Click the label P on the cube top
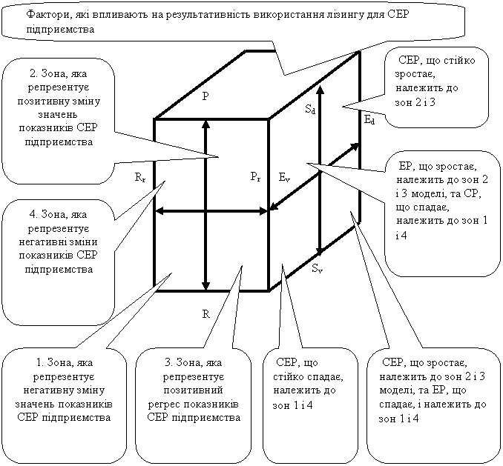coord(206,96)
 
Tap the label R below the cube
coord(206,314)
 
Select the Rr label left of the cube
coord(140,177)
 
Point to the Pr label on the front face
coord(256,176)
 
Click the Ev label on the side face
coord(284,177)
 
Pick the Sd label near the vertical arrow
coord(310,110)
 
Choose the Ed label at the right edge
coord(369,120)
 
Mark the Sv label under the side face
coord(318,268)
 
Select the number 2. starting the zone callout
coord(33,73)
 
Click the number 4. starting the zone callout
coord(33,214)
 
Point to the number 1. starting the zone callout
coord(40,362)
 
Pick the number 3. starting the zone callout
coord(168,362)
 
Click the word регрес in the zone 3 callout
coord(163,405)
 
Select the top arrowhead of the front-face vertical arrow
coord(206,124)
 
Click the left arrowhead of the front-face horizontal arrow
coord(160,211)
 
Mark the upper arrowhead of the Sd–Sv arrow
coord(320,90)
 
